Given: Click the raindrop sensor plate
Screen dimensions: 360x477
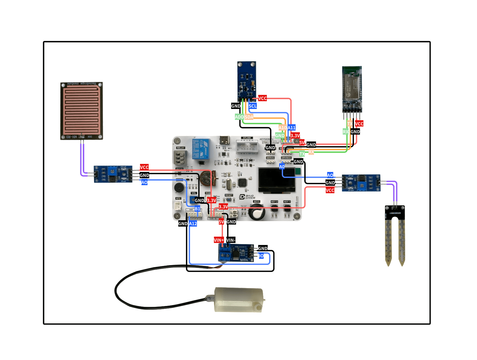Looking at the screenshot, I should [81, 111].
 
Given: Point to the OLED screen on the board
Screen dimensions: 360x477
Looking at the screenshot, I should [276, 180].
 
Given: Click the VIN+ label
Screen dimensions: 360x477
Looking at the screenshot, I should [219, 240].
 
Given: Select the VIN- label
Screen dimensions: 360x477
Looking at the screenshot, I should [231, 240].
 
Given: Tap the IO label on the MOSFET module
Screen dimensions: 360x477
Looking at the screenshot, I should [261, 256].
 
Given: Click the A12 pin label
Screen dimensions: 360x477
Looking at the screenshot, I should [193, 224].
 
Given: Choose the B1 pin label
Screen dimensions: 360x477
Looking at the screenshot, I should [197, 209].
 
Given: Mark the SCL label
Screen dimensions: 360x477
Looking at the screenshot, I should [252, 106].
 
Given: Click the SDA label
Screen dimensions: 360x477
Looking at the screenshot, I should [249, 117].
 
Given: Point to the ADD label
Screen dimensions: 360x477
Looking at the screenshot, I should [239, 117].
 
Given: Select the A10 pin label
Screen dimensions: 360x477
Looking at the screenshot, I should [282, 128].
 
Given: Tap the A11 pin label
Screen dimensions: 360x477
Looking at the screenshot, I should [292, 128].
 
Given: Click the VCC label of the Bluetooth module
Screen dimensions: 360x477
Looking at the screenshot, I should [359, 124].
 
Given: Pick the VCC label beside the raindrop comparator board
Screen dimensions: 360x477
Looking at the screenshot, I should [144, 167].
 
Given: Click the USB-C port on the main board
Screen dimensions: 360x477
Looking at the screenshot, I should [224, 140].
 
